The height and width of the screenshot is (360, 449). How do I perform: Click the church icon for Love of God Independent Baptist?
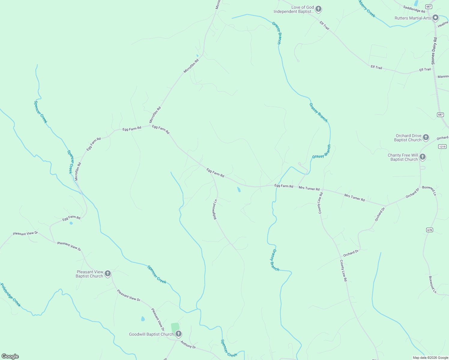point(318,9)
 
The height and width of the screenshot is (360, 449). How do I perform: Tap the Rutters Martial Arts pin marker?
point(436,18)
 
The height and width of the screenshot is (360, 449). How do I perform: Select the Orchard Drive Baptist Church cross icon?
point(426,138)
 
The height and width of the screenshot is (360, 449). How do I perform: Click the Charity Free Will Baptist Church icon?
point(423,157)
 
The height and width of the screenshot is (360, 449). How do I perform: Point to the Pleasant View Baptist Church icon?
point(108,274)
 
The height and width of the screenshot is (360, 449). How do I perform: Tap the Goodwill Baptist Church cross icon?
point(178,334)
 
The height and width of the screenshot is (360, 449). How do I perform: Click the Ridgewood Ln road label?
point(215,209)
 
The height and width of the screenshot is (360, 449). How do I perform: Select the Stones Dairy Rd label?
point(434,51)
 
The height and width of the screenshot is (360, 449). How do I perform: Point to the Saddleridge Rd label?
point(414,9)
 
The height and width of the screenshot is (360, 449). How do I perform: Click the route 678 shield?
point(429,230)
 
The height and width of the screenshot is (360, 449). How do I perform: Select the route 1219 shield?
point(442,146)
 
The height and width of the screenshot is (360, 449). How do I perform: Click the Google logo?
point(10,356)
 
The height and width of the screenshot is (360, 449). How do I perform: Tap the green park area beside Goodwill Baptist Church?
point(175,328)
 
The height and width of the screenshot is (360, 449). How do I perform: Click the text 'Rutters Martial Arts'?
point(413,18)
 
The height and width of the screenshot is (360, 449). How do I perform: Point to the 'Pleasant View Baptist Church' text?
point(90,274)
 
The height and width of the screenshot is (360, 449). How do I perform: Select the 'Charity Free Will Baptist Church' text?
point(403,157)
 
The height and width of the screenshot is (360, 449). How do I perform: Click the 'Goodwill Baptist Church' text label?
point(151,334)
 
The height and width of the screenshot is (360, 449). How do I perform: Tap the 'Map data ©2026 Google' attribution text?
point(430,358)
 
